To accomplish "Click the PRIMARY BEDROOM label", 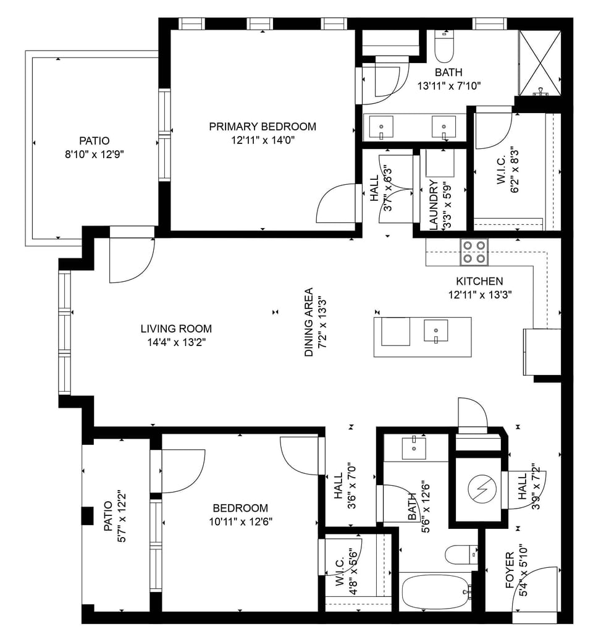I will click(x=263, y=127).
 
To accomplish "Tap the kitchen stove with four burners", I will click(x=474, y=251).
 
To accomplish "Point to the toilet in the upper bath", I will click(x=444, y=43).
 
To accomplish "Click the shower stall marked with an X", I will click(x=540, y=62).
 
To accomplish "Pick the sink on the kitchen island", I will click(x=436, y=331).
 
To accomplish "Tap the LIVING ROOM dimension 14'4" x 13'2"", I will click(x=176, y=342).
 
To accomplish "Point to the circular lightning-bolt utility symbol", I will click(x=480, y=491).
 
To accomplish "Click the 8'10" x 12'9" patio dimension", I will click(x=94, y=154).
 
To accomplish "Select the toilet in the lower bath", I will click(x=460, y=555).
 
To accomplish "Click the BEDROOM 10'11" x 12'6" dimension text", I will click(x=240, y=521).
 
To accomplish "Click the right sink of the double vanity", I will click(x=444, y=127).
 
